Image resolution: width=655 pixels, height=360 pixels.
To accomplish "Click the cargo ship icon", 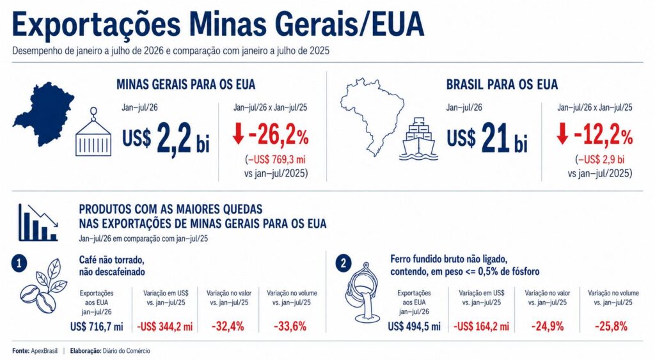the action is point(418,139).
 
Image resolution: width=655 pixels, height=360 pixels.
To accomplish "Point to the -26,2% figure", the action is point(279,136).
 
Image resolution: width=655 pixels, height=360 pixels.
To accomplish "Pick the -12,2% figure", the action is point(603,136).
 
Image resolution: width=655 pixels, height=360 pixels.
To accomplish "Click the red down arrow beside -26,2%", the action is point(238,134).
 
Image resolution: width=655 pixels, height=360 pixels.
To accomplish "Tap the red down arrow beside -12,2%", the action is point(562,134).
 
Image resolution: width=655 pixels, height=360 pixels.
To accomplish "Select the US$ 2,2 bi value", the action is point(166,138).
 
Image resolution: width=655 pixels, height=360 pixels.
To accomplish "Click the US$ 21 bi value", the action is point(487,138).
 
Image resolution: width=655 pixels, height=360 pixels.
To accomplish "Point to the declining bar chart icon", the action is point(38,222).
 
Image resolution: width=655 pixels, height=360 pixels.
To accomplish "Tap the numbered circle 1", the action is point(19,263).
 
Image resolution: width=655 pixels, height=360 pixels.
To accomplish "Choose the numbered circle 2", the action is point(343,263).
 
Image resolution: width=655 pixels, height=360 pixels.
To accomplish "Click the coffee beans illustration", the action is point(44,286).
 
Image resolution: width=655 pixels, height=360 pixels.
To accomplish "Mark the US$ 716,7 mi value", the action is point(97,326).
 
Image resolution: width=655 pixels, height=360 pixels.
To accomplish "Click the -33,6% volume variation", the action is point(290,326).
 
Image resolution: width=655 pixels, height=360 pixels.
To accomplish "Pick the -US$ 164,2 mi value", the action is point(481,326).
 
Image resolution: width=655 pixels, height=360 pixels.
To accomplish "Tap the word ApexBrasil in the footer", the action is point(44,351).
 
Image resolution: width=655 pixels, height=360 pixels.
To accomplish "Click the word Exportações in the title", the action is point(97,25).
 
